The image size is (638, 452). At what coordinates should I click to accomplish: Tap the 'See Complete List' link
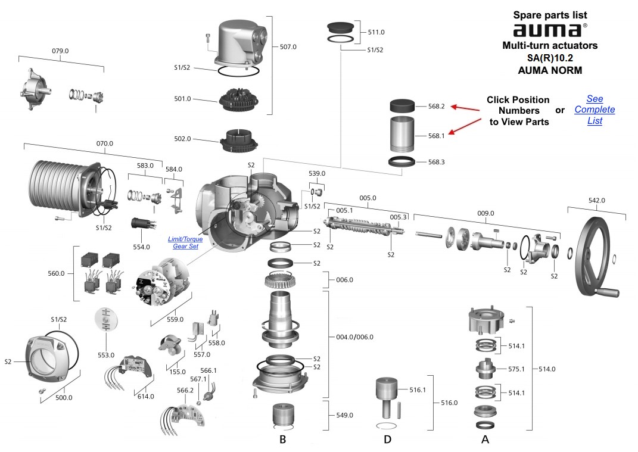pyautogui.click(x=594, y=110)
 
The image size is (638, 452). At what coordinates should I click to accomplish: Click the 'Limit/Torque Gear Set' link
pyautogui.click(x=185, y=242)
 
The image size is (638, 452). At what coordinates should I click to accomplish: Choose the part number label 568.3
pyautogui.click(x=436, y=162)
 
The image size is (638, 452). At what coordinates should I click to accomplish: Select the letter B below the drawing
pyautogui.click(x=283, y=440)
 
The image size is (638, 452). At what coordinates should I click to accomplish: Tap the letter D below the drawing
pyautogui.click(x=388, y=440)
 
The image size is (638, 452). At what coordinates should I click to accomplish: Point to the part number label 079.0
pyautogui.click(x=60, y=51)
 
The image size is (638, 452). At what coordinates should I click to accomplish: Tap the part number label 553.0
pyautogui.click(x=106, y=355)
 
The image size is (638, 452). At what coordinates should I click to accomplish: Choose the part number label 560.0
pyautogui.click(x=57, y=273)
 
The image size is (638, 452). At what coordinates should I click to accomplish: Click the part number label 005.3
pyautogui.click(x=399, y=217)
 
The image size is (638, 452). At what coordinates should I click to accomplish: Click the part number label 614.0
pyautogui.click(x=145, y=396)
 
